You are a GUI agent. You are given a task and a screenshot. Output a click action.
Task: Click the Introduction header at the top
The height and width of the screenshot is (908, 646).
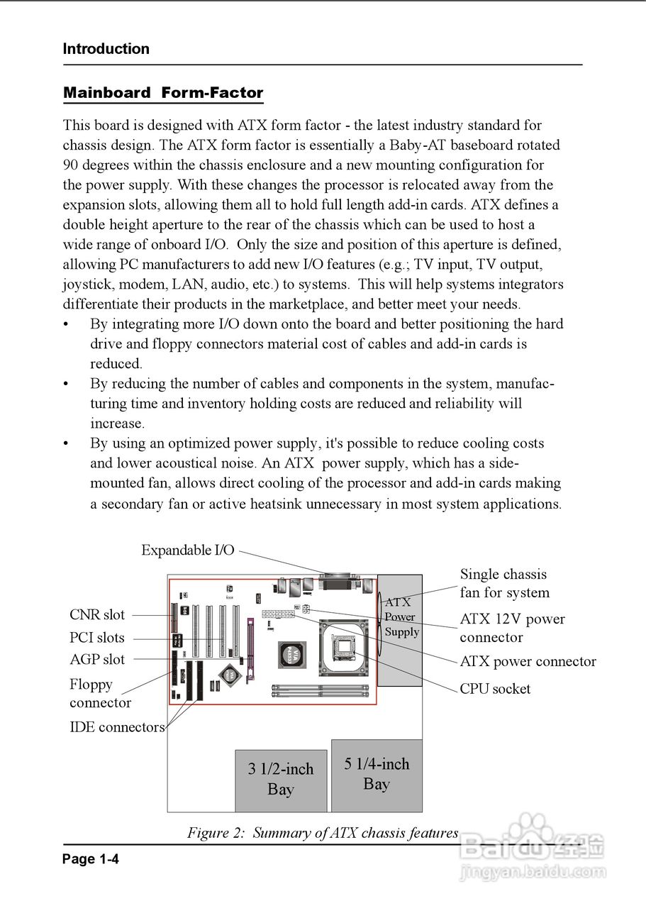(x=106, y=49)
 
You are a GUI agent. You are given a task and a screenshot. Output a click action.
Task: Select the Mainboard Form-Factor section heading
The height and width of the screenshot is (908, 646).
(x=163, y=93)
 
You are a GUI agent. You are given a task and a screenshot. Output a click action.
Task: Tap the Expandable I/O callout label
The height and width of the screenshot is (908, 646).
(x=187, y=550)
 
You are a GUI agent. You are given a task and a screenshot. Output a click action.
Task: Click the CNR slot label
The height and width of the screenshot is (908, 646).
(x=97, y=615)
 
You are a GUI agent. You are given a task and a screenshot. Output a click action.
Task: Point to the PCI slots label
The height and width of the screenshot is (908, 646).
(x=97, y=638)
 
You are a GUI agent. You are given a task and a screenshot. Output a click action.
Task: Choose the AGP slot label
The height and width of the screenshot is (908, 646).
(x=97, y=660)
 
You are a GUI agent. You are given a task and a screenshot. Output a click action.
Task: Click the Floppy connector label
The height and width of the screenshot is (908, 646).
(x=100, y=694)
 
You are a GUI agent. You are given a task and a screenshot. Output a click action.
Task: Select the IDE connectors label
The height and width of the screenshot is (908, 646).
(x=117, y=727)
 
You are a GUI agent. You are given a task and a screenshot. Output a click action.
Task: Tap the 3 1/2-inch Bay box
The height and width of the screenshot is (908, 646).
(x=281, y=780)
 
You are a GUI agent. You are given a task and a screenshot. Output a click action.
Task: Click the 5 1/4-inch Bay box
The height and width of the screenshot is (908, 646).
(x=377, y=775)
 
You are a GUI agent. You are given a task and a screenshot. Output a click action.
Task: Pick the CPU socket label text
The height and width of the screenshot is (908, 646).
(x=495, y=689)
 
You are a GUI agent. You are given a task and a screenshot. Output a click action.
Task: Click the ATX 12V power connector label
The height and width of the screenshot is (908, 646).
(x=512, y=628)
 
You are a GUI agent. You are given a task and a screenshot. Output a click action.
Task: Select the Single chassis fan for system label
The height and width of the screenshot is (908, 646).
(x=504, y=583)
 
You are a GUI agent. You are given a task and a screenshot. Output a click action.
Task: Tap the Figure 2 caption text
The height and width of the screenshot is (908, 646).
(x=323, y=833)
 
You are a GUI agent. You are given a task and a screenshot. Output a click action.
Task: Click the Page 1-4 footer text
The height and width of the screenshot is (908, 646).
(x=91, y=859)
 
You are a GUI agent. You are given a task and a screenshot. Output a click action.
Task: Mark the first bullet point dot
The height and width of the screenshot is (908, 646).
(x=67, y=325)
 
